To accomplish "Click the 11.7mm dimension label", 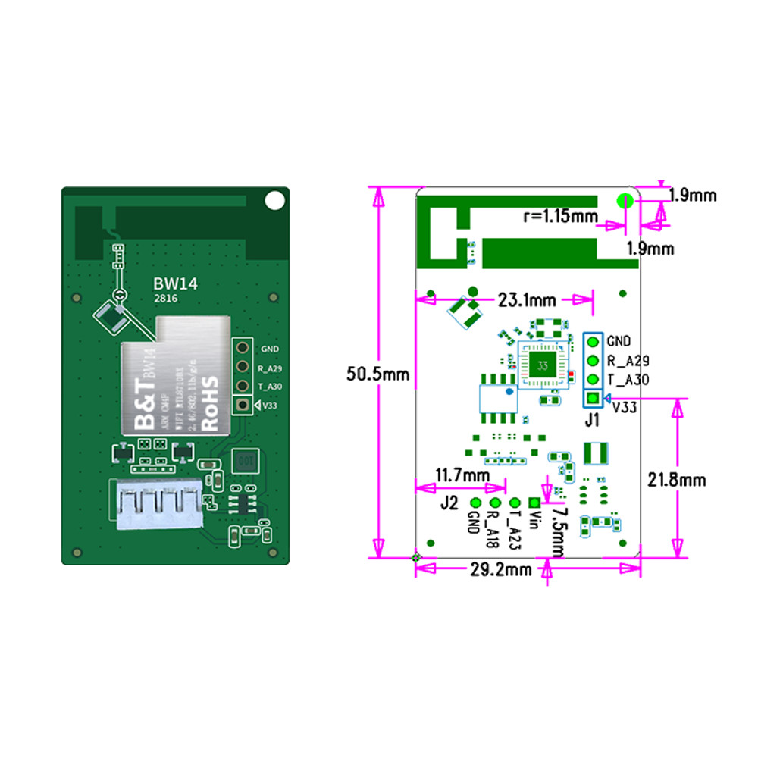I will pos(462,475).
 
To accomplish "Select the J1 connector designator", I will pos(592,418).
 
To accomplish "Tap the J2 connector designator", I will pos(449,502).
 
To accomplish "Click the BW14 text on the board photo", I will pos(170,283).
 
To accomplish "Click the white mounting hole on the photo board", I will pos(274,200).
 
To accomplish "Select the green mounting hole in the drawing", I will pos(625,200).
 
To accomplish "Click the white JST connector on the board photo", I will pos(160,504).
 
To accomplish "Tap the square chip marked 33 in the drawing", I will pos(542,365).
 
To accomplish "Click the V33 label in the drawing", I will pos(624,407).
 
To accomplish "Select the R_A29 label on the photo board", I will pos(270,368).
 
